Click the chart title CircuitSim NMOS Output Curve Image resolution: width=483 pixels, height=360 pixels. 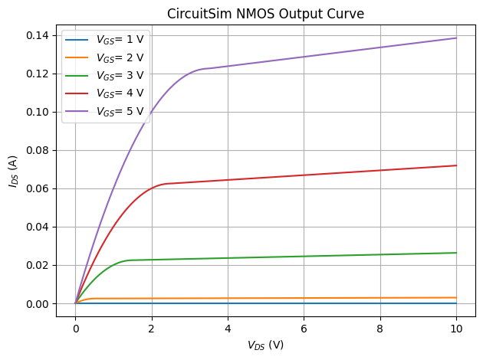click(x=266, y=13)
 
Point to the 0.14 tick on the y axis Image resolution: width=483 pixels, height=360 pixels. click(x=40, y=35)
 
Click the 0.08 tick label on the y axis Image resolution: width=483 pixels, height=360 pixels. click(x=40, y=150)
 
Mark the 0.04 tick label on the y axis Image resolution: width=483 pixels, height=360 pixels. click(x=40, y=227)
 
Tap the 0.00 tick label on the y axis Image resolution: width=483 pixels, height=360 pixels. click(x=40, y=303)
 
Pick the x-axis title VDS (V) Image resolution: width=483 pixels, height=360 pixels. click(x=266, y=345)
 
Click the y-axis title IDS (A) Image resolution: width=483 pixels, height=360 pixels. click(x=13, y=169)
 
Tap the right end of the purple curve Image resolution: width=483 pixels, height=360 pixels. click(x=456, y=38)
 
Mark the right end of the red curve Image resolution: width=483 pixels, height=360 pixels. click(x=456, y=165)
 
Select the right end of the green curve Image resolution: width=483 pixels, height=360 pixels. click(x=456, y=253)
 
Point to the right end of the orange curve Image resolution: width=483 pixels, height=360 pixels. click(x=456, y=297)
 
